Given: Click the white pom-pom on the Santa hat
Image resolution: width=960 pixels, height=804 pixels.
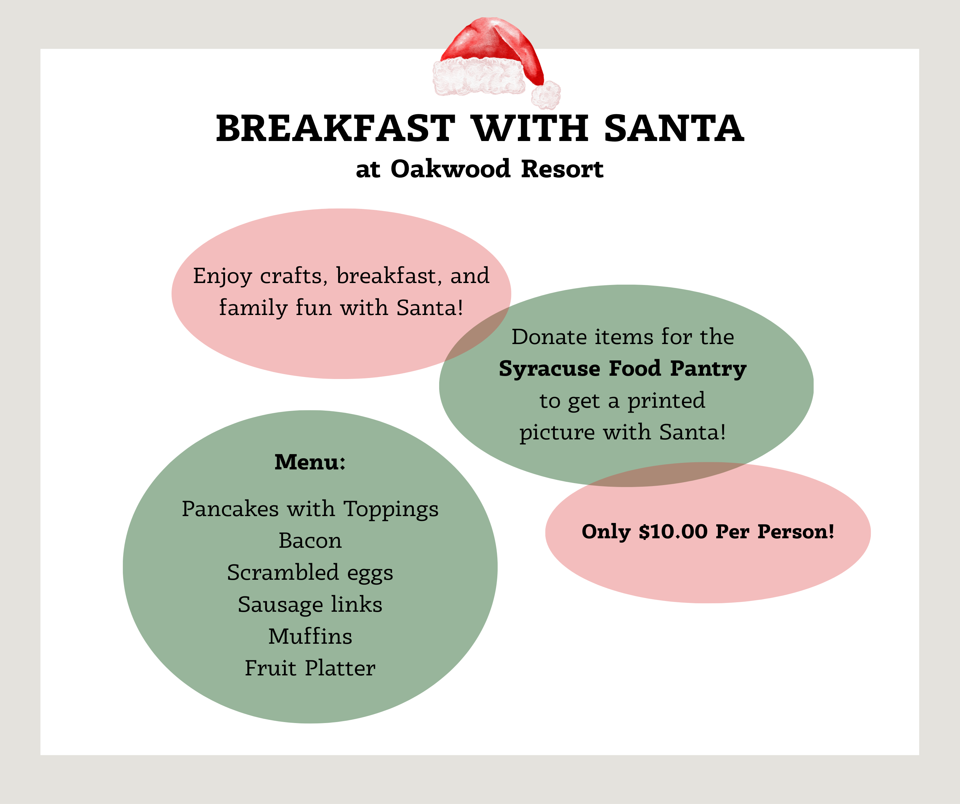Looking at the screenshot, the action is point(545,95).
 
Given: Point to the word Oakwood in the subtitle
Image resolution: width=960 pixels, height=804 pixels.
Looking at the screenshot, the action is point(450,169).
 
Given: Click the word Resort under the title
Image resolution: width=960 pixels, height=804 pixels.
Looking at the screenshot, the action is point(562,169).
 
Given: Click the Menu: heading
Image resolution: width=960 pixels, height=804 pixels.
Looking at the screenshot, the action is point(310,462).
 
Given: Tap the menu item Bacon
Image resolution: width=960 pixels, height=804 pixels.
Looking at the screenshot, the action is point(310,541).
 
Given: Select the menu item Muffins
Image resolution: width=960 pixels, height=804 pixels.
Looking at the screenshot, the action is point(310,636).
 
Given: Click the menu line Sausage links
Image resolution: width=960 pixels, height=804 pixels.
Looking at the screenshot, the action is point(310,604).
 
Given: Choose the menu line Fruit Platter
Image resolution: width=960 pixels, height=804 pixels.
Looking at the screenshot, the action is point(310,668).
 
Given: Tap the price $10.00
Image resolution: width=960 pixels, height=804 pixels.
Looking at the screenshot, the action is point(673,532).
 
